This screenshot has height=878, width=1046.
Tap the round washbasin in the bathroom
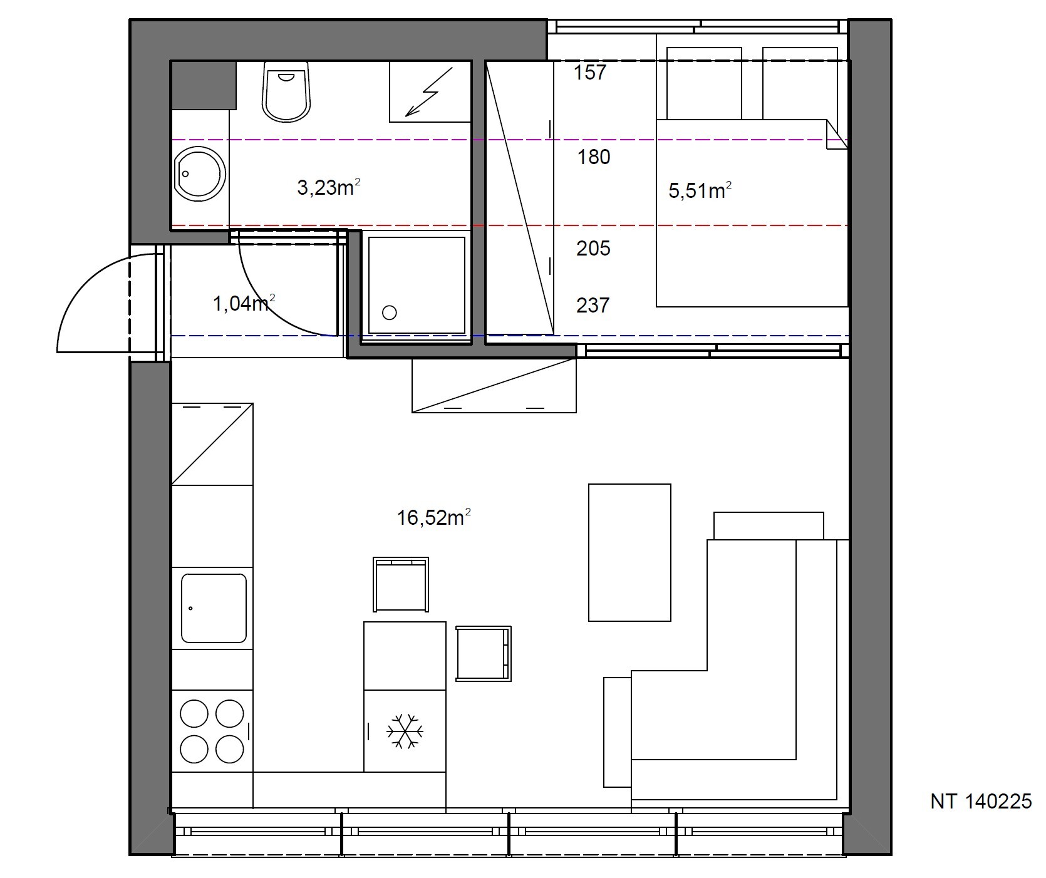(200, 174)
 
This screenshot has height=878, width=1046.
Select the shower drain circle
(390, 312)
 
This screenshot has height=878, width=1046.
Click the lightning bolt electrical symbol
(428, 92)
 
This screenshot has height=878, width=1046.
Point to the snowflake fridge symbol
(405, 731)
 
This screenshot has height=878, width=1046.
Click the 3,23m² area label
(329, 187)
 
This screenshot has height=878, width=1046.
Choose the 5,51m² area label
(700, 190)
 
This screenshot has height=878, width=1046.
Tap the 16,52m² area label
(433, 518)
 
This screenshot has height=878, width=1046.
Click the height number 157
(590, 73)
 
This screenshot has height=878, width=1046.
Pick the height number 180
(594, 157)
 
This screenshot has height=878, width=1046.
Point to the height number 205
(593, 249)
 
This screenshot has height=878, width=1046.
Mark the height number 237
(593, 306)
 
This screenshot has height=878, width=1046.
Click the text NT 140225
(981, 802)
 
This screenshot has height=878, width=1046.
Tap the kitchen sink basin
(214, 608)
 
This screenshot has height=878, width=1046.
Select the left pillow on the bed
(704, 83)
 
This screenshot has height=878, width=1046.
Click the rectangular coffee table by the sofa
(629, 552)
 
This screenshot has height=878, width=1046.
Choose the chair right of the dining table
(484, 654)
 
